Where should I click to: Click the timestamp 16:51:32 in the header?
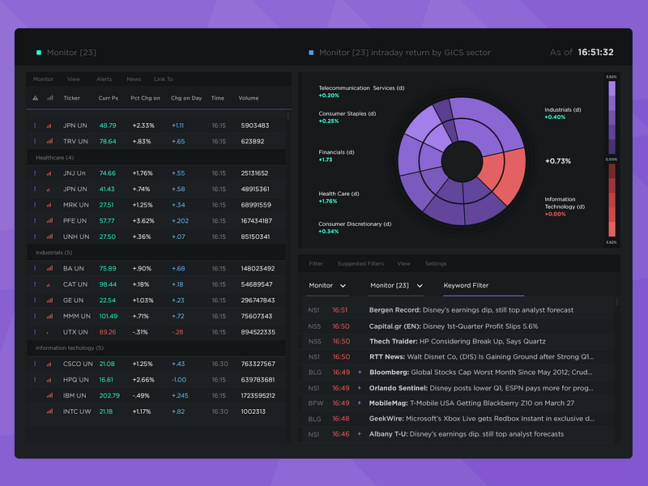[595, 53]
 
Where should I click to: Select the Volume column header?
[249, 98]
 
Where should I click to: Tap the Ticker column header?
[72, 98]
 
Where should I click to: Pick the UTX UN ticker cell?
[75, 332]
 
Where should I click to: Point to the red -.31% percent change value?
[141, 332]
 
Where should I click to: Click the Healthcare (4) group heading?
[54, 157]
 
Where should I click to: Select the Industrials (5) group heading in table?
[54, 253]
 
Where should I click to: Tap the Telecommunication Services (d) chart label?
[361, 87]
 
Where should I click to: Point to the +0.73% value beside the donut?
[558, 161]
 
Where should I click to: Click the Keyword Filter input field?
[483, 286]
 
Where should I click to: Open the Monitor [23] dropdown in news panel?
[396, 286]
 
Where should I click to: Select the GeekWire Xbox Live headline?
[482, 419]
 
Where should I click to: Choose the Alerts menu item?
[104, 79]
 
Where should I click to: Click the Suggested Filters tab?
[360, 264]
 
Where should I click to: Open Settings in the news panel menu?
[436, 264]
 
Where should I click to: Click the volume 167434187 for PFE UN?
[257, 220]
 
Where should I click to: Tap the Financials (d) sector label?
[336, 152]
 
